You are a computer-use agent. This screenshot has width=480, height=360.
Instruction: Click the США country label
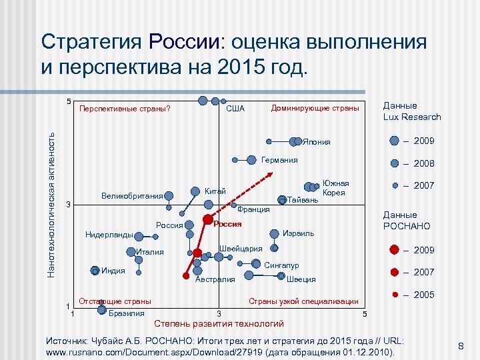(x=235, y=109)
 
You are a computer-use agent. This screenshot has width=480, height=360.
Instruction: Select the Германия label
(x=279, y=160)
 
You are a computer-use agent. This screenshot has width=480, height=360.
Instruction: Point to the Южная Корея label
(x=335, y=188)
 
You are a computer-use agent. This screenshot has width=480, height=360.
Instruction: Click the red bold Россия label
(x=227, y=224)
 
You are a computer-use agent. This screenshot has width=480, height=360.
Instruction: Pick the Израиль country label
(x=298, y=233)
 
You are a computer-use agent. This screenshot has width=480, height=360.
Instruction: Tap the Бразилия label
(x=126, y=313)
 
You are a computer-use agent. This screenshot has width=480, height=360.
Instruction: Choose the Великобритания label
(x=132, y=196)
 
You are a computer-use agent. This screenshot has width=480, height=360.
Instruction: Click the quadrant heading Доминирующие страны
(x=315, y=108)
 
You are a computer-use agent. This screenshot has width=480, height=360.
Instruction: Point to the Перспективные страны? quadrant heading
(x=125, y=109)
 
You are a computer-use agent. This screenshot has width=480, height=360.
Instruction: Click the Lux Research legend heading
(x=411, y=111)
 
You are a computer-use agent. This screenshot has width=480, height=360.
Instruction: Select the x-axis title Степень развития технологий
(x=219, y=324)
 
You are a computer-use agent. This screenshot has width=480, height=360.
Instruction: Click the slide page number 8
(x=461, y=345)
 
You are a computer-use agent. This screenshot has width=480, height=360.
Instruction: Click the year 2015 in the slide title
(x=236, y=67)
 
